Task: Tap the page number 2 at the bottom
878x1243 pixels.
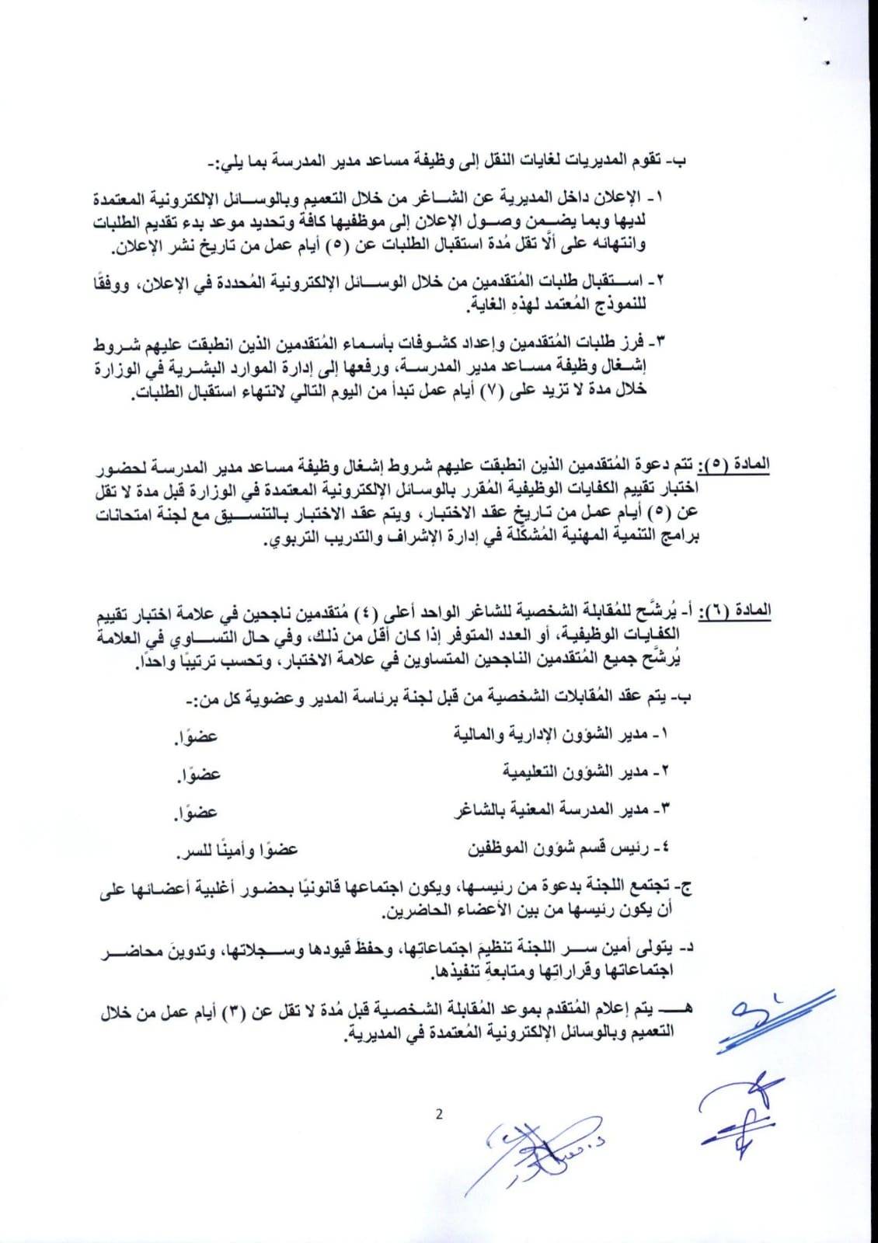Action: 439,1115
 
